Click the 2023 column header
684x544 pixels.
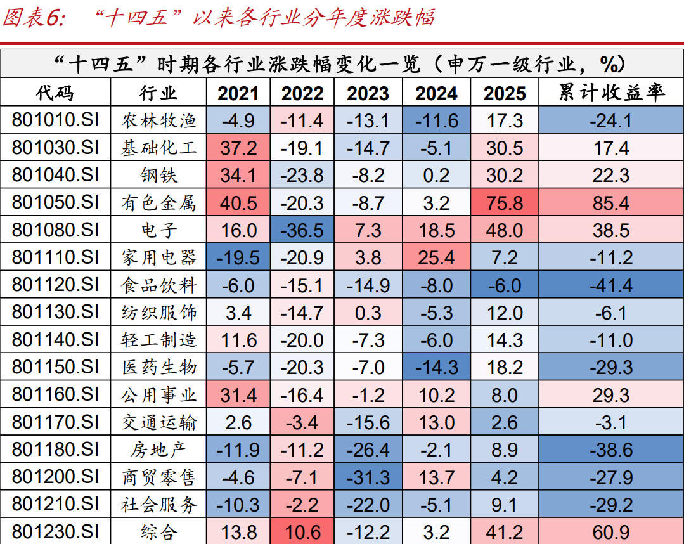pos(368,94)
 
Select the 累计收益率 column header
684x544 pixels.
pos(611,94)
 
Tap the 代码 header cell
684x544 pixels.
pos(55,94)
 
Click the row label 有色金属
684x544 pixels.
pos(159,203)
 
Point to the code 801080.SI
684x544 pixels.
pos(55,230)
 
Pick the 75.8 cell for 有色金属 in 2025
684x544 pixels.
pos(505,203)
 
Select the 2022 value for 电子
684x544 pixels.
pos(302,230)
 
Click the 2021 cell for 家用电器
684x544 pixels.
pos(238,258)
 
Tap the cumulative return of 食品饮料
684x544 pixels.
pos(611,285)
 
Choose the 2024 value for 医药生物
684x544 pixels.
pos(436,368)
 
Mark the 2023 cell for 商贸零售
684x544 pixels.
pos(368,477)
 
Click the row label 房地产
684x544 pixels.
pos(159,450)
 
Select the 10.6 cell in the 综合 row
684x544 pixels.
pos(302,532)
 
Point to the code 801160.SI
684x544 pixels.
pos(55,395)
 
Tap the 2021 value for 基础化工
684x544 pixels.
pos(238,148)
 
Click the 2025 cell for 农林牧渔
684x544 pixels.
pos(505,120)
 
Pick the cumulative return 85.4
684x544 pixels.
pos(611,203)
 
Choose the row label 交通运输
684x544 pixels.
pos(159,422)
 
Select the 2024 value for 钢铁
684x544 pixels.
pos(436,176)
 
